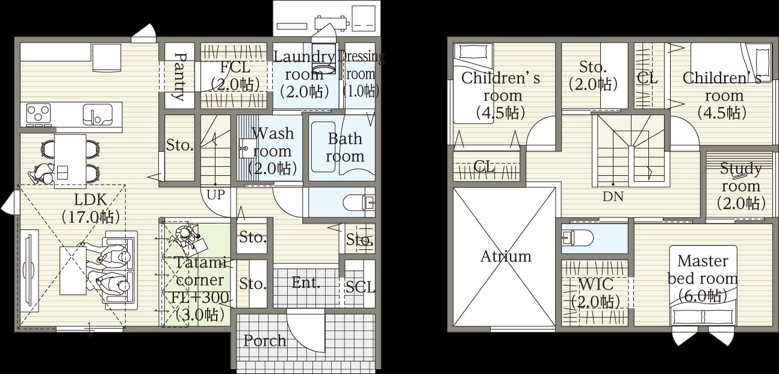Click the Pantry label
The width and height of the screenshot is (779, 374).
pyautogui.click(x=180, y=76)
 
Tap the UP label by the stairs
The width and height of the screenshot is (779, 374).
pyautogui.click(x=216, y=195)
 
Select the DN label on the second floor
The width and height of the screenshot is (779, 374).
pyautogui.click(x=613, y=196)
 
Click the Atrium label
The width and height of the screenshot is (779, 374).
pyautogui.click(x=506, y=257)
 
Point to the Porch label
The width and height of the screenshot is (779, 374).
pyautogui.click(x=265, y=341)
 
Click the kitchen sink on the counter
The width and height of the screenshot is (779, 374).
pyautogui.click(x=98, y=115)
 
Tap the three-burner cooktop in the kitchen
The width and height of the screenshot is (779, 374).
pyautogui.click(x=39, y=114)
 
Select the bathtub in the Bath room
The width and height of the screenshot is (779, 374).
pyautogui.click(x=323, y=146)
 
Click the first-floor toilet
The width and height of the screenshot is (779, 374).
pyautogui.click(x=358, y=202)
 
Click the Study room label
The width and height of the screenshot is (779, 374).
pyautogui.click(x=740, y=186)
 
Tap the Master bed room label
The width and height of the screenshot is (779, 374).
pyautogui.click(x=703, y=278)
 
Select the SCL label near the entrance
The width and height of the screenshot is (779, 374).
pyautogui.click(x=361, y=287)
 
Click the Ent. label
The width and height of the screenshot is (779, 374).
pyautogui.click(x=306, y=282)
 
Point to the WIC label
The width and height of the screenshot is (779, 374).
pyautogui.click(x=596, y=284)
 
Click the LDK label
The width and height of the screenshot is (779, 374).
pyautogui.click(x=90, y=200)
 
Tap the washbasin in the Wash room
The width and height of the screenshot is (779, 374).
pyautogui.click(x=245, y=149)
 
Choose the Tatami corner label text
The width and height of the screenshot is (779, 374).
pyautogui.click(x=200, y=272)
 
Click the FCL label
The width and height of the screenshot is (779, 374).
pyautogui.click(x=235, y=67)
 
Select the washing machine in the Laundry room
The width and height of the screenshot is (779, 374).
pyautogui.click(x=324, y=58)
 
